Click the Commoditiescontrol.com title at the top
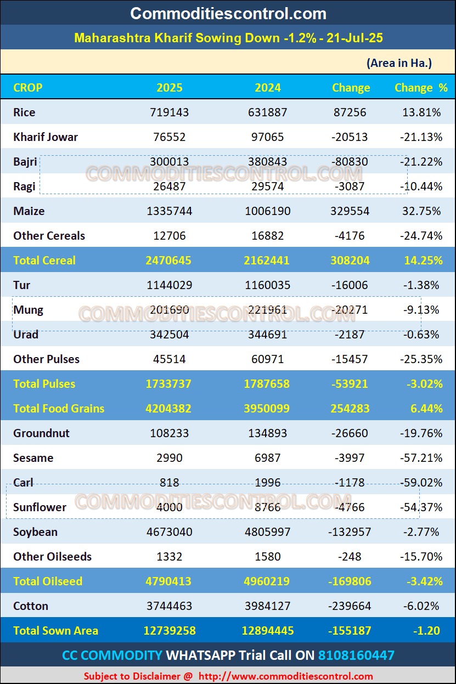pyautogui.click(x=228, y=13)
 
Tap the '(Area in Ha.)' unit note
pyautogui.click(x=399, y=63)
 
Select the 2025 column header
pyautogui.click(x=170, y=88)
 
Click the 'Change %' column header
pyautogui.click(x=421, y=88)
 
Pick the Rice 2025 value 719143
pyautogui.click(x=170, y=112)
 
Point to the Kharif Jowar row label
pyautogui.click(x=46, y=137)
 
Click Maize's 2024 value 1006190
pyautogui.click(x=268, y=211)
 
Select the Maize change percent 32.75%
pyautogui.click(x=422, y=211)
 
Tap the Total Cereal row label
pyautogui.click(x=44, y=261)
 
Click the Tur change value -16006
pyautogui.click(x=350, y=285)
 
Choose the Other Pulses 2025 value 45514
pyautogui.click(x=170, y=359)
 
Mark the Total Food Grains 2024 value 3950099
pyautogui.click(x=267, y=409)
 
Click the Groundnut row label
pyautogui.click(x=42, y=433)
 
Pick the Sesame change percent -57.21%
pyautogui.click(x=421, y=458)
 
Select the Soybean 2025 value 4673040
pyautogui.click(x=170, y=532)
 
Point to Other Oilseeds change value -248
pyautogui.click(x=350, y=557)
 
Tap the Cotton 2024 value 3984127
pyautogui.click(x=268, y=606)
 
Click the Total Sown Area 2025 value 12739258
pyautogui.click(x=170, y=631)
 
